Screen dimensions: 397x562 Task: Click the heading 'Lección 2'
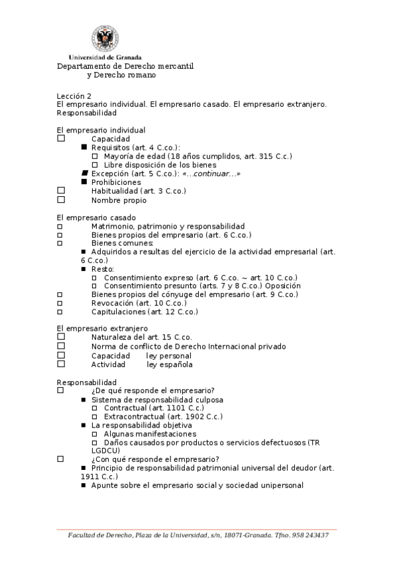(74, 95)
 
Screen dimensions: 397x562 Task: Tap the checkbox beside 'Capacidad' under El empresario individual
(61, 139)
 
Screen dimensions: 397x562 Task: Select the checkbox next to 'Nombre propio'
(61, 199)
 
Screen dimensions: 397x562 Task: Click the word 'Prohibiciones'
(116, 182)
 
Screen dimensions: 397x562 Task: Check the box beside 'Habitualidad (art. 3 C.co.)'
(61, 191)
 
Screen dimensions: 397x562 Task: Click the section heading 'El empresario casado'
(97, 217)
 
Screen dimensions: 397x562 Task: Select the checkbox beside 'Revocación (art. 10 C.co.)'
(60, 303)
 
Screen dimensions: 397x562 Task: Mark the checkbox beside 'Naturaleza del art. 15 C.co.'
(61, 337)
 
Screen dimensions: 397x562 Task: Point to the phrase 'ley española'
(170, 365)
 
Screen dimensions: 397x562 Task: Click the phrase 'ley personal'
(169, 356)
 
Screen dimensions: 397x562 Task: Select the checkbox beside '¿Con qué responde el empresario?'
(61, 459)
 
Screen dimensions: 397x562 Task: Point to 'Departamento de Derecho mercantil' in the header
(125, 66)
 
